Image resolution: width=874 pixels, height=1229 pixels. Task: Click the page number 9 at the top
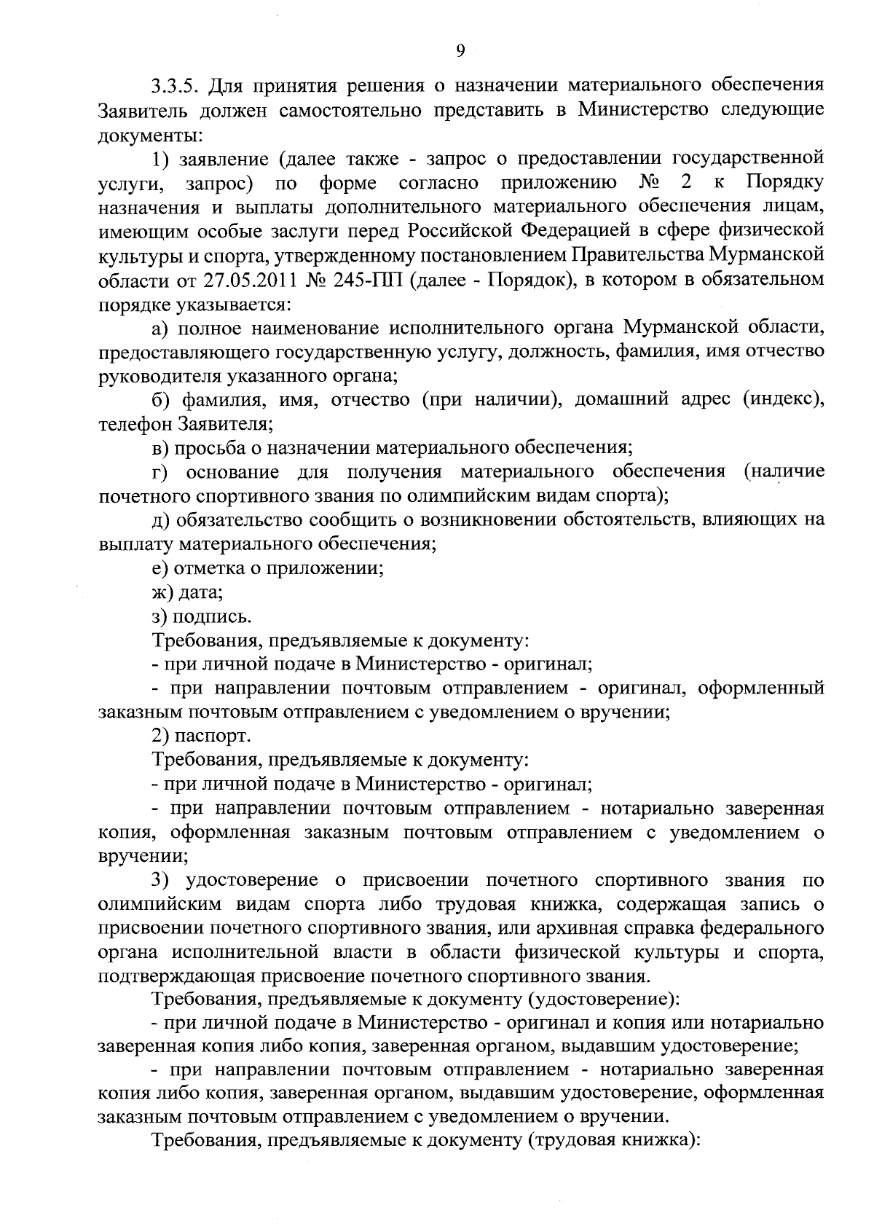460,50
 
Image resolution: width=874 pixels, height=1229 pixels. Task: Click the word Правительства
640,255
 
